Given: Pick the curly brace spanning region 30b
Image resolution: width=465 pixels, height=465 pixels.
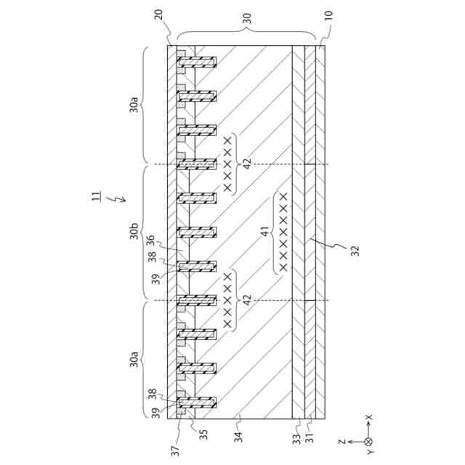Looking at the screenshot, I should point(145,232).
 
